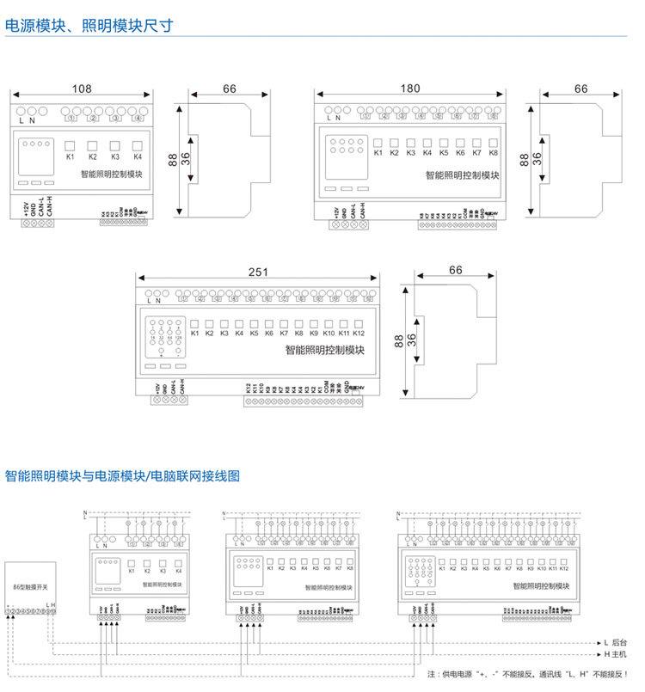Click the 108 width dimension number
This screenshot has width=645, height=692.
(x=81, y=89)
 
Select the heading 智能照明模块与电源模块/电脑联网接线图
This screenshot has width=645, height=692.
(x=122, y=475)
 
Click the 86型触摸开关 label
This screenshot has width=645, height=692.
(x=31, y=585)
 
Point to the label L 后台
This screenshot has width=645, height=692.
(x=617, y=642)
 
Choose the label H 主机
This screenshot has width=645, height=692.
(x=617, y=654)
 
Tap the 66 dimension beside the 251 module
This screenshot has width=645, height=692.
(x=455, y=270)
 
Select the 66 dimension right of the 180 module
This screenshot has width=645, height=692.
(x=580, y=89)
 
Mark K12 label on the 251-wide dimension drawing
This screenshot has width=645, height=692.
(x=359, y=333)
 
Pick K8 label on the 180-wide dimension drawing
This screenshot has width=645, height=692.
(x=493, y=153)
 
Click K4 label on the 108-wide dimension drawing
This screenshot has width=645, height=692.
(x=137, y=157)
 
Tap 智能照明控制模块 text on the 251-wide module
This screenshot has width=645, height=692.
(x=325, y=351)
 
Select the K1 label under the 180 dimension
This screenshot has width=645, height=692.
(x=378, y=153)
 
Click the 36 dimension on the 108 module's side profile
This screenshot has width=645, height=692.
(x=186, y=160)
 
